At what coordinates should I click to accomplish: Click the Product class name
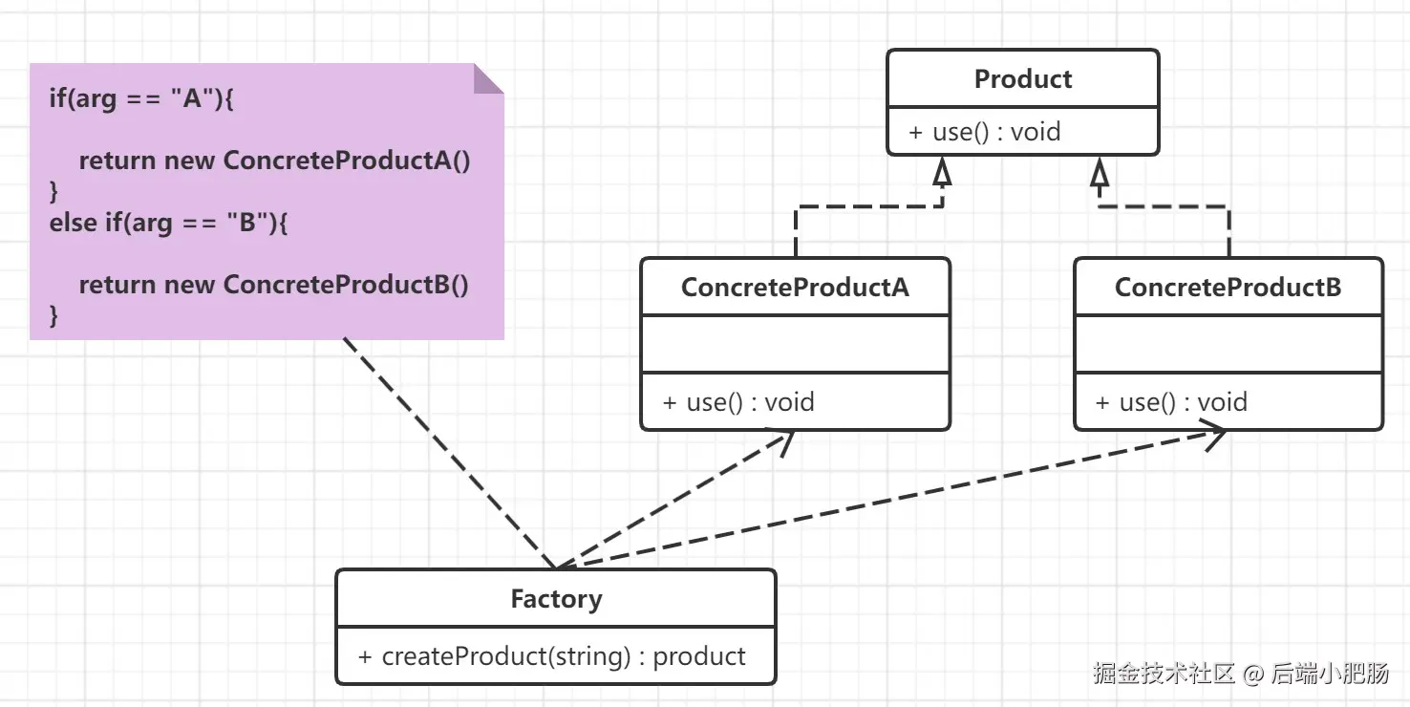pyautogui.click(x=1022, y=79)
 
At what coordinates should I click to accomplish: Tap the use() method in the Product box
pyautogui.click(x=984, y=132)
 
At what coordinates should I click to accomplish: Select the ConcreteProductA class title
pyautogui.click(x=795, y=287)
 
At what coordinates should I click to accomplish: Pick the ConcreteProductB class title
pyautogui.click(x=1228, y=287)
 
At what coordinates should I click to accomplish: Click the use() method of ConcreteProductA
pyautogui.click(x=738, y=402)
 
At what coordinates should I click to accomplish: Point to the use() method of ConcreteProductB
pyautogui.click(x=1171, y=402)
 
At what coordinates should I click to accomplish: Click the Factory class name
pyautogui.click(x=556, y=599)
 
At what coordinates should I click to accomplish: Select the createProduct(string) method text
pyautogui.click(x=552, y=656)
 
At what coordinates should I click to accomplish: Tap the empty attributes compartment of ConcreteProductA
pyautogui.click(x=795, y=344)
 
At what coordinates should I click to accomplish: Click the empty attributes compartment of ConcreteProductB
pyautogui.click(x=1228, y=344)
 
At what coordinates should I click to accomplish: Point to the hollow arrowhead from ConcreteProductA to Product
pyautogui.click(x=943, y=171)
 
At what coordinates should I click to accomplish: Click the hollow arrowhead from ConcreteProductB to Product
pyautogui.click(x=1100, y=171)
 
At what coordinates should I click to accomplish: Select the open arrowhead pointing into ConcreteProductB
pyautogui.click(x=1213, y=436)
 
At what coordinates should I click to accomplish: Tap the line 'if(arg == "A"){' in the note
pyautogui.click(x=141, y=98)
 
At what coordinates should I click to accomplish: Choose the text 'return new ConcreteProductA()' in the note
pyautogui.click(x=274, y=161)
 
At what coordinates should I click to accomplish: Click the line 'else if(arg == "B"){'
pyautogui.click(x=168, y=223)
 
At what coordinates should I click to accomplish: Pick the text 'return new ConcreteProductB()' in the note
pyautogui.click(x=273, y=285)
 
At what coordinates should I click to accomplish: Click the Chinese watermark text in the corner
pyautogui.click(x=1241, y=673)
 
